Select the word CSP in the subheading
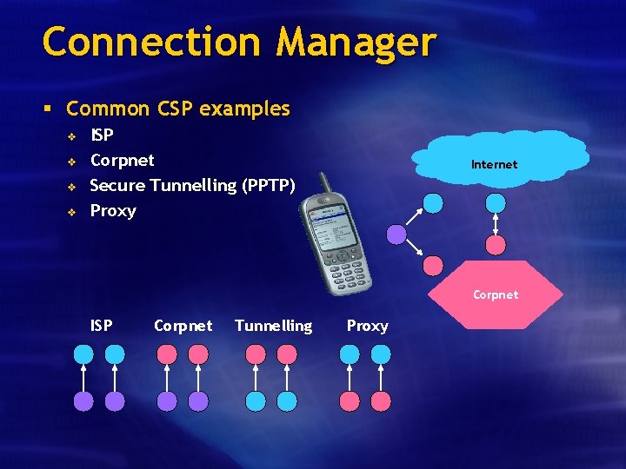point(174,109)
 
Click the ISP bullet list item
point(102,135)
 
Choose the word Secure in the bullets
point(117,185)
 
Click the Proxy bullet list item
point(113,210)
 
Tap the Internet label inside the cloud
point(494,164)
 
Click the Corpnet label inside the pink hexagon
point(496,294)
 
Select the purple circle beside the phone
point(396,234)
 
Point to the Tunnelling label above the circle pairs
point(273,326)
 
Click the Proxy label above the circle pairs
point(368,326)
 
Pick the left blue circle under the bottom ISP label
point(83,354)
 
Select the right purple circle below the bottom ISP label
point(115,400)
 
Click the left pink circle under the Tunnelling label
point(256,354)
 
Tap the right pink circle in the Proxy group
point(381,400)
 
